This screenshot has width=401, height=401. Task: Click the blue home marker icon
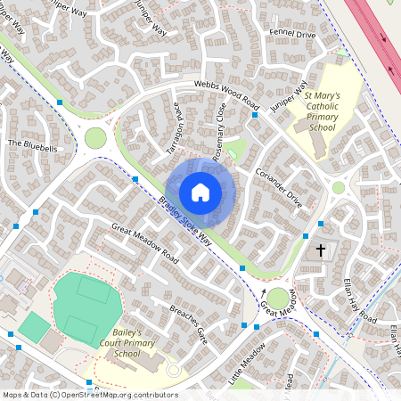tap(200, 192)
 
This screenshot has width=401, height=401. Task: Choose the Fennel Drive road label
tap(293, 35)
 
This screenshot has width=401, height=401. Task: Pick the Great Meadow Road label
tap(144, 242)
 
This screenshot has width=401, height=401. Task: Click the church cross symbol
tap(321, 251)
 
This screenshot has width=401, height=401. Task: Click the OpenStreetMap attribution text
tap(90, 394)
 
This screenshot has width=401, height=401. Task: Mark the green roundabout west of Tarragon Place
tap(94, 139)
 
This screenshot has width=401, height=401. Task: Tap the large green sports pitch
tap(83, 307)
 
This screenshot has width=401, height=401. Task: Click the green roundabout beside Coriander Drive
tap(338, 187)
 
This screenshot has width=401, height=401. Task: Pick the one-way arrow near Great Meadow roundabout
tap(264, 291)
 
